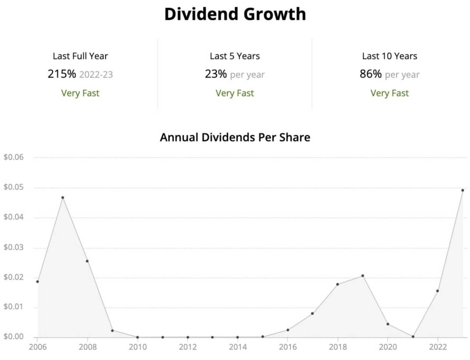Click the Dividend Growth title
pyautogui.click(x=235, y=14)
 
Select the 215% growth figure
pyautogui.click(x=62, y=75)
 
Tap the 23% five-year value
pyautogui.click(x=216, y=75)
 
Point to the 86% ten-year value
pyautogui.click(x=371, y=75)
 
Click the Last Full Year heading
pyautogui.click(x=80, y=56)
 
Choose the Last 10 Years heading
pyautogui.click(x=390, y=56)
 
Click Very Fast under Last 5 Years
pyautogui.click(x=235, y=93)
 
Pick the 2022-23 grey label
pyautogui.click(x=96, y=75)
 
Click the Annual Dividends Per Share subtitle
pyautogui.click(x=235, y=137)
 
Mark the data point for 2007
pyautogui.click(x=62, y=197)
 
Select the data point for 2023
pyautogui.click(x=462, y=190)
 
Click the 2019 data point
pyautogui.click(x=363, y=276)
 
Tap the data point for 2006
pyautogui.click(x=37, y=282)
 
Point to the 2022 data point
pyautogui.click(x=438, y=291)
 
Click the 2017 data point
pyautogui.click(x=312, y=314)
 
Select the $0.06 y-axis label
pyautogui.click(x=14, y=157)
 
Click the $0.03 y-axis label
pyautogui.click(x=14, y=248)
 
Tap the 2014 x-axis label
pyautogui.click(x=238, y=347)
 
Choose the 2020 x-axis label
pyautogui.click(x=387, y=347)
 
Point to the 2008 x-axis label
pyautogui.click(x=87, y=347)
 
